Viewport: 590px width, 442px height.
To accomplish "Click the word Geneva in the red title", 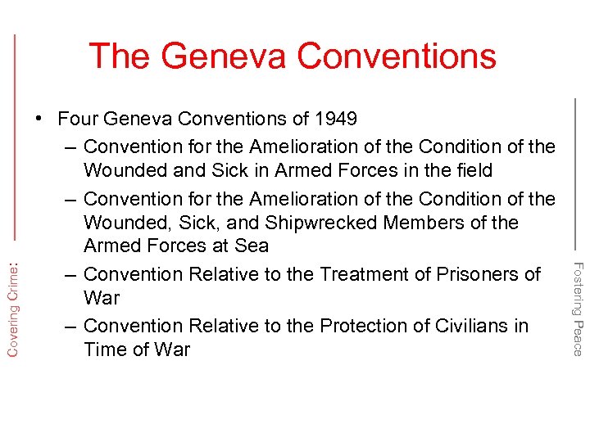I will click(x=224, y=56).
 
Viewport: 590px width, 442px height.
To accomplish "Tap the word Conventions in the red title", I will click(x=397, y=56).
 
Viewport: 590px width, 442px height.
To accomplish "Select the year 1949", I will click(x=336, y=119).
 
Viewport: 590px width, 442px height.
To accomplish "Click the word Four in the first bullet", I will click(x=78, y=119).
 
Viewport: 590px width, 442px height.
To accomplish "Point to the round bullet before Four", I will click(x=39, y=119).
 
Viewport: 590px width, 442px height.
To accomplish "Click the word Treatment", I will click(x=362, y=274).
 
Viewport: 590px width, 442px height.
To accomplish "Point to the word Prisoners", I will click(x=475, y=274).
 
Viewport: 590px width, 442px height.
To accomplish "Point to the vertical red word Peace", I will click(x=578, y=338).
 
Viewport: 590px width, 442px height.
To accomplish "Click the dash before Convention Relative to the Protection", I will click(x=70, y=326).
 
